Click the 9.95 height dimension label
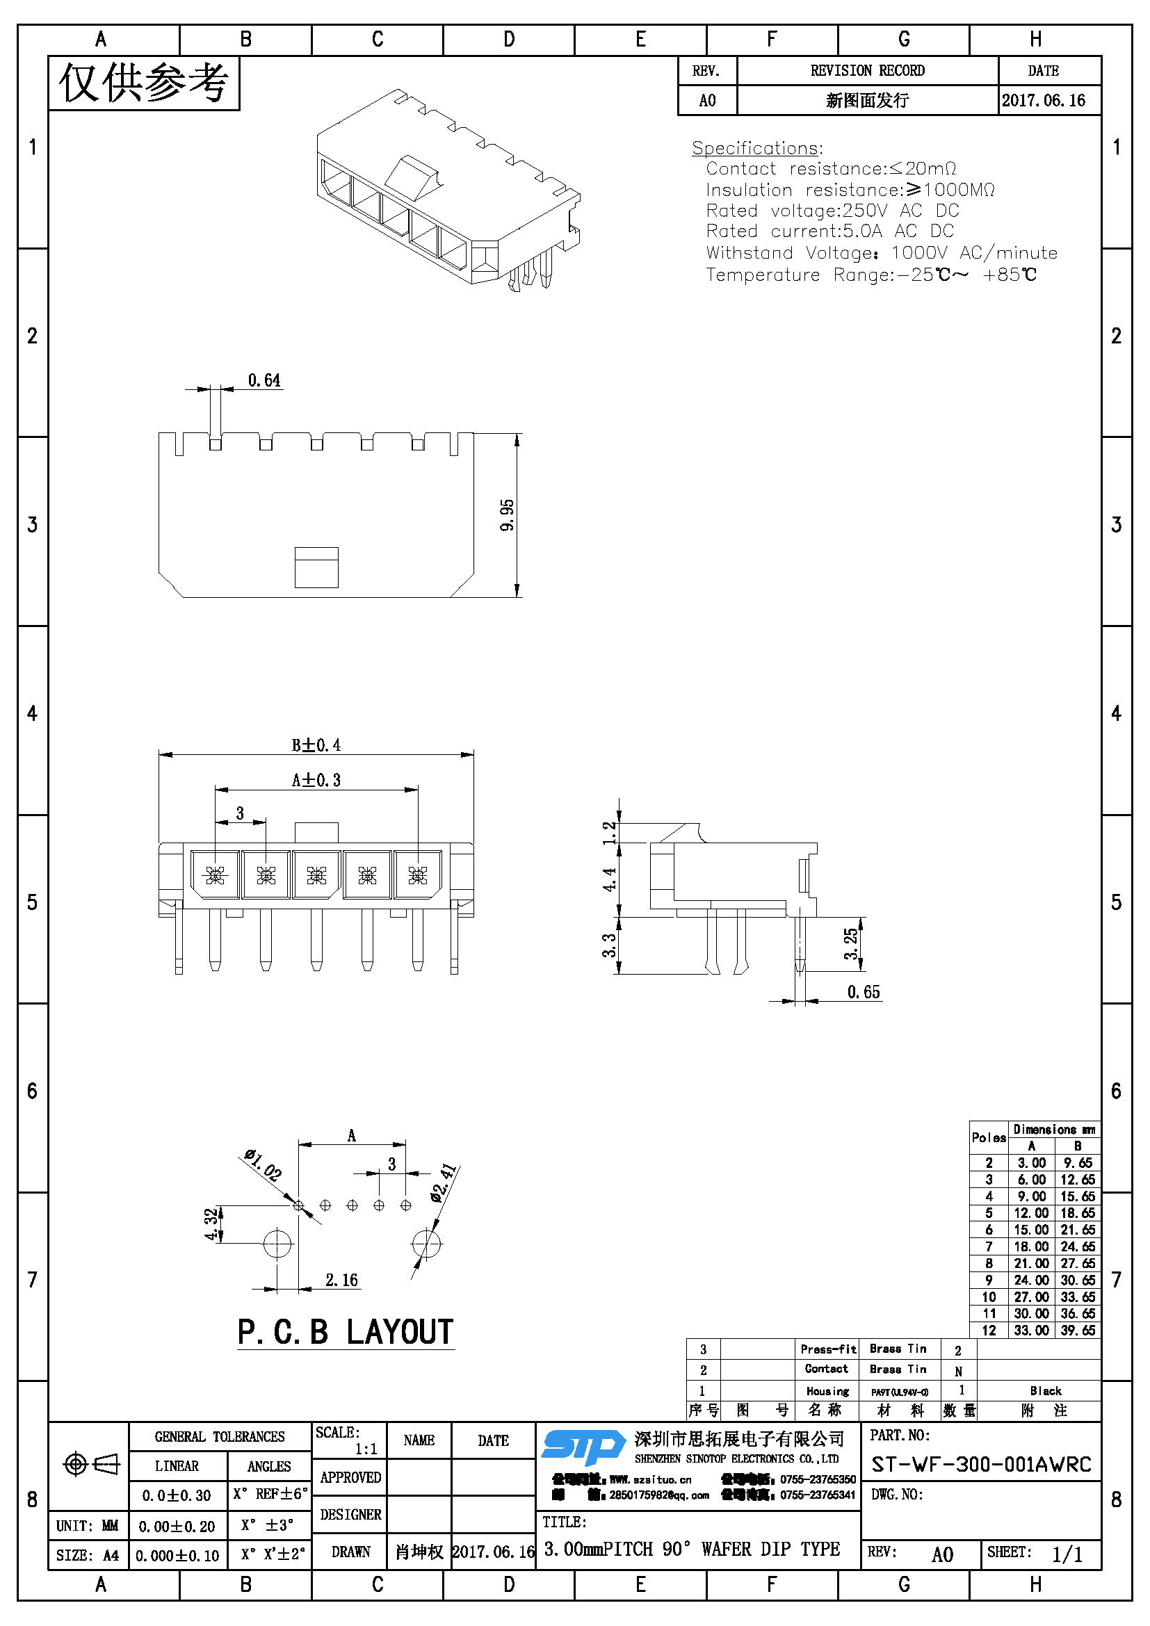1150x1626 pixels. [507, 515]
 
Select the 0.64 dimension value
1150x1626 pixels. [264, 381]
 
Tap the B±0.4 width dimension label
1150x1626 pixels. [316, 745]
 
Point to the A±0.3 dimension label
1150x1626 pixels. [316, 781]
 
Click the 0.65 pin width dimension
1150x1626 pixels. [864, 992]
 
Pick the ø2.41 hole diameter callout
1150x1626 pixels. [444, 1183]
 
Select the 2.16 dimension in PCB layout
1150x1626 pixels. [341, 1281]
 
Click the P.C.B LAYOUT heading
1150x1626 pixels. [346, 1333]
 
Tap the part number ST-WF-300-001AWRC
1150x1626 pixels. [981, 1465]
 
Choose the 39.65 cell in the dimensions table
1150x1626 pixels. [1078, 1331]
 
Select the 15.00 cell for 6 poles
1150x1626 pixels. [1031, 1230]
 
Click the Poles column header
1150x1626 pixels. [989, 1138]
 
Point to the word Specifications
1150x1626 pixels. [756, 148]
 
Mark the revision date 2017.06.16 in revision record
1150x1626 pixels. [1043, 101]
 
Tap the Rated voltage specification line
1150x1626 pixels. [832, 211]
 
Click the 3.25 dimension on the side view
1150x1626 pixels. [850, 943]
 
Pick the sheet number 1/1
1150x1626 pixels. [1067, 1555]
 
